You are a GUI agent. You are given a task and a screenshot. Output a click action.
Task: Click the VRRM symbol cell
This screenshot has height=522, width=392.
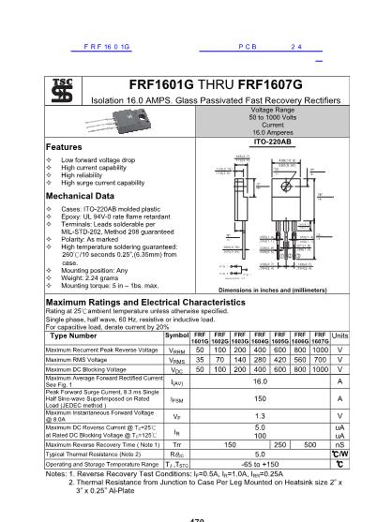coord(177,349)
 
